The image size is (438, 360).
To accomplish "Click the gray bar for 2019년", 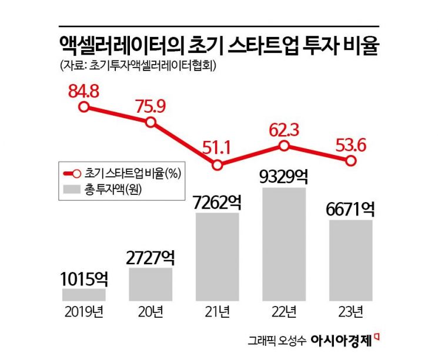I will point(83,294).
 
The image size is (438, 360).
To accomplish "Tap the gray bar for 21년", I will point(218,257).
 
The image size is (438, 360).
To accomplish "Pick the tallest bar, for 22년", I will point(284,244).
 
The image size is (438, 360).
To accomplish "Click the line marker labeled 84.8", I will point(83,107).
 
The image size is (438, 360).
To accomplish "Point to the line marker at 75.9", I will point(151,122).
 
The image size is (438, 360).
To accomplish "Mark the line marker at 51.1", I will point(218,165).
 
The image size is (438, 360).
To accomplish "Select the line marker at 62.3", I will point(284,146).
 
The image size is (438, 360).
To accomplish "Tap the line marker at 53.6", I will point(350,160).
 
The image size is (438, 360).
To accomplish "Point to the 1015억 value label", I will point(83,278).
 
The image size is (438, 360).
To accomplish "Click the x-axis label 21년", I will point(218,312).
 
